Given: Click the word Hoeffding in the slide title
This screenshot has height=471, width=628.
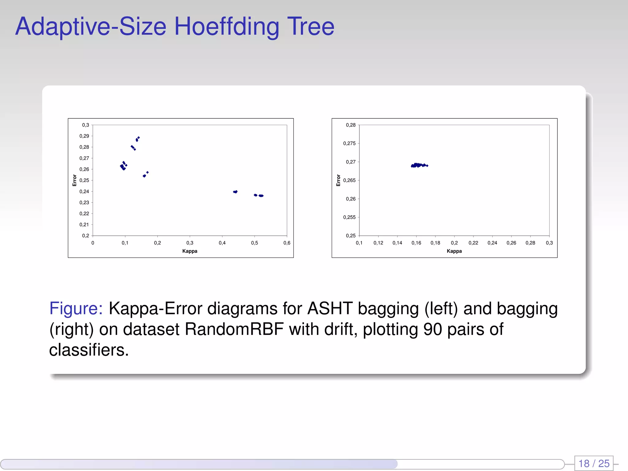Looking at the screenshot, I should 227,27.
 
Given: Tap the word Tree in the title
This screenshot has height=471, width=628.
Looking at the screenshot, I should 310,26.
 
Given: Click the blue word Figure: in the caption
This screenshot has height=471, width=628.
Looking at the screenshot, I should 76,308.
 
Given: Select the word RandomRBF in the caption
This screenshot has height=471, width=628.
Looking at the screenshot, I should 234,329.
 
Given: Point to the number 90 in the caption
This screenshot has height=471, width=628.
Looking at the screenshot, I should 432,329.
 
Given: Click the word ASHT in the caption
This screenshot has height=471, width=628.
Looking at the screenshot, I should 330,308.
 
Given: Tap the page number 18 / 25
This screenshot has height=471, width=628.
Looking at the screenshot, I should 594,463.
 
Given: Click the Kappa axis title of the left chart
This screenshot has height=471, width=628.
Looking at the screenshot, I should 190,251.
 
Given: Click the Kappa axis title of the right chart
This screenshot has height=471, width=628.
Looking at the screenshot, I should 454,251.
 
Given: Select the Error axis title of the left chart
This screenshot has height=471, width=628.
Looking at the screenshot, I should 75,180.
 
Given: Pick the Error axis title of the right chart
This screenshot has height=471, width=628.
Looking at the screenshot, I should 339,180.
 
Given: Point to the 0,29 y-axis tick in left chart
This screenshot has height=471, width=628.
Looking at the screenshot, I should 84,136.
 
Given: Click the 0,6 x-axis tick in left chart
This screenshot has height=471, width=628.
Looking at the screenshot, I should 287,243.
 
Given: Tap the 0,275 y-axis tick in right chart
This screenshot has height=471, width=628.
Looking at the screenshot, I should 349,144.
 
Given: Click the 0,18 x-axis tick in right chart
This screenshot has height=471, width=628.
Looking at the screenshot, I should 435,243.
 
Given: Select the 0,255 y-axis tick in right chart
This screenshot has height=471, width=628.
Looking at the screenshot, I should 349,217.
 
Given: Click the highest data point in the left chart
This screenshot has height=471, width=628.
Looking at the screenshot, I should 139,138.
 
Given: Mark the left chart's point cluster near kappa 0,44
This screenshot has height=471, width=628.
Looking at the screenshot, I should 235,192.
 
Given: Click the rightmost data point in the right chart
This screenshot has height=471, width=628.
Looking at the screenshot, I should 427,166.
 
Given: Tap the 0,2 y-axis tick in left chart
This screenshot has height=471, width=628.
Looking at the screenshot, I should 86,236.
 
